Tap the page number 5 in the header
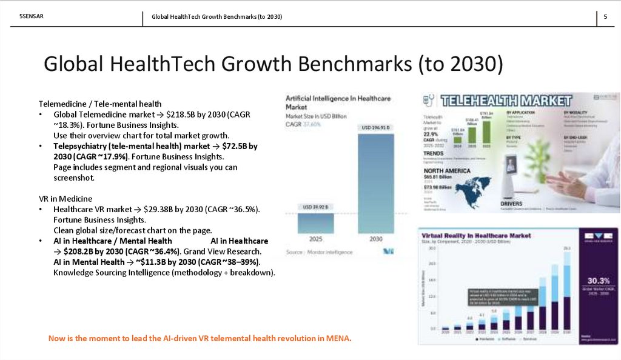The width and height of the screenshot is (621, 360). pyautogui.click(x=605, y=17)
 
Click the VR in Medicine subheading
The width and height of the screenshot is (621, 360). pyautogui.click(x=65, y=198)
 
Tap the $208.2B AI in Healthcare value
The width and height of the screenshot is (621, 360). pyautogui.click(x=82, y=251)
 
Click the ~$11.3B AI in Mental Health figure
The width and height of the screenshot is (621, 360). pyautogui.click(x=146, y=262)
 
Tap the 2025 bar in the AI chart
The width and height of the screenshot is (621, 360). pyautogui.click(x=315, y=222)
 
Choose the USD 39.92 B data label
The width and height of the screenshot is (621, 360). pyautogui.click(x=315, y=207)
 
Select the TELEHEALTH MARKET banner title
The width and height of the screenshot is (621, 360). pyautogui.click(x=506, y=101)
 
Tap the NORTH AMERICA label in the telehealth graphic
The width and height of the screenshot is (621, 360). pyautogui.click(x=447, y=171)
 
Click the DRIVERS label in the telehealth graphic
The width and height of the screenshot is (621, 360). pyautogui.click(x=511, y=204)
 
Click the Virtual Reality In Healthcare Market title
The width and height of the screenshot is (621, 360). pyautogui.click(x=477, y=234)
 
